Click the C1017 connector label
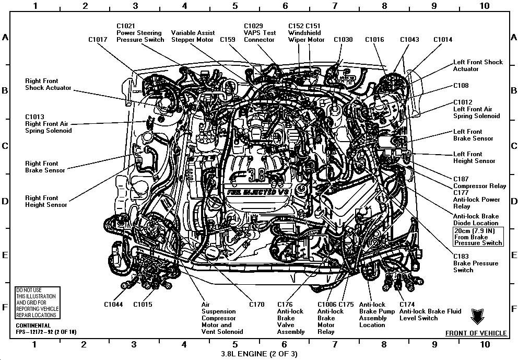(x=98, y=39)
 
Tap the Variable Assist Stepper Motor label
(x=193, y=36)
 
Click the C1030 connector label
(x=343, y=39)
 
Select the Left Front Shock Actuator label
(x=478, y=65)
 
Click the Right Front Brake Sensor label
(x=45, y=167)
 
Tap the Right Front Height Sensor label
(x=46, y=201)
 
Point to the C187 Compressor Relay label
(x=479, y=182)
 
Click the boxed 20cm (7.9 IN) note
(x=478, y=237)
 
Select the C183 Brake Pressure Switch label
(x=470, y=263)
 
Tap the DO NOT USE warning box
(x=37, y=303)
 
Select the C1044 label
(x=113, y=305)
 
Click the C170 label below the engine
(x=256, y=305)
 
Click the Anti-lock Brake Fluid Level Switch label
(x=430, y=315)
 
